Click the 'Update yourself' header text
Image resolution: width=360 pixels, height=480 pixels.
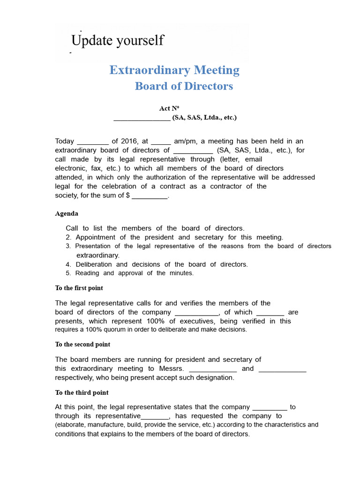(x=117, y=40)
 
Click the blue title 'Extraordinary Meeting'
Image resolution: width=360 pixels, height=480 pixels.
(x=174, y=70)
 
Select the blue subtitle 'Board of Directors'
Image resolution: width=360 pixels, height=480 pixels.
(x=184, y=86)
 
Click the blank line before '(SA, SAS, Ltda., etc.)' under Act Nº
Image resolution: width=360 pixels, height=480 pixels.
(x=142, y=118)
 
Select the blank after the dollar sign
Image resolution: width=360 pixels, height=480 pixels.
(x=149, y=196)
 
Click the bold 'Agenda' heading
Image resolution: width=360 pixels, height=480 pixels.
(x=67, y=214)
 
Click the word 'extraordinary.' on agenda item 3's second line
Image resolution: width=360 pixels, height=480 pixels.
(x=98, y=255)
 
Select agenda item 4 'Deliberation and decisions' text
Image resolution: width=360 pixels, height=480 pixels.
(x=162, y=264)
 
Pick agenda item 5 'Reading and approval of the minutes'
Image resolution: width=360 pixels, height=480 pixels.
(x=134, y=273)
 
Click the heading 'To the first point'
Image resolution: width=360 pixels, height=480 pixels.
(x=79, y=288)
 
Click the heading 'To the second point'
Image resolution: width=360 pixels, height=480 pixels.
(x=82, y=345)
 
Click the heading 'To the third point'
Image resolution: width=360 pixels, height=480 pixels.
(x=82, y=393)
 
